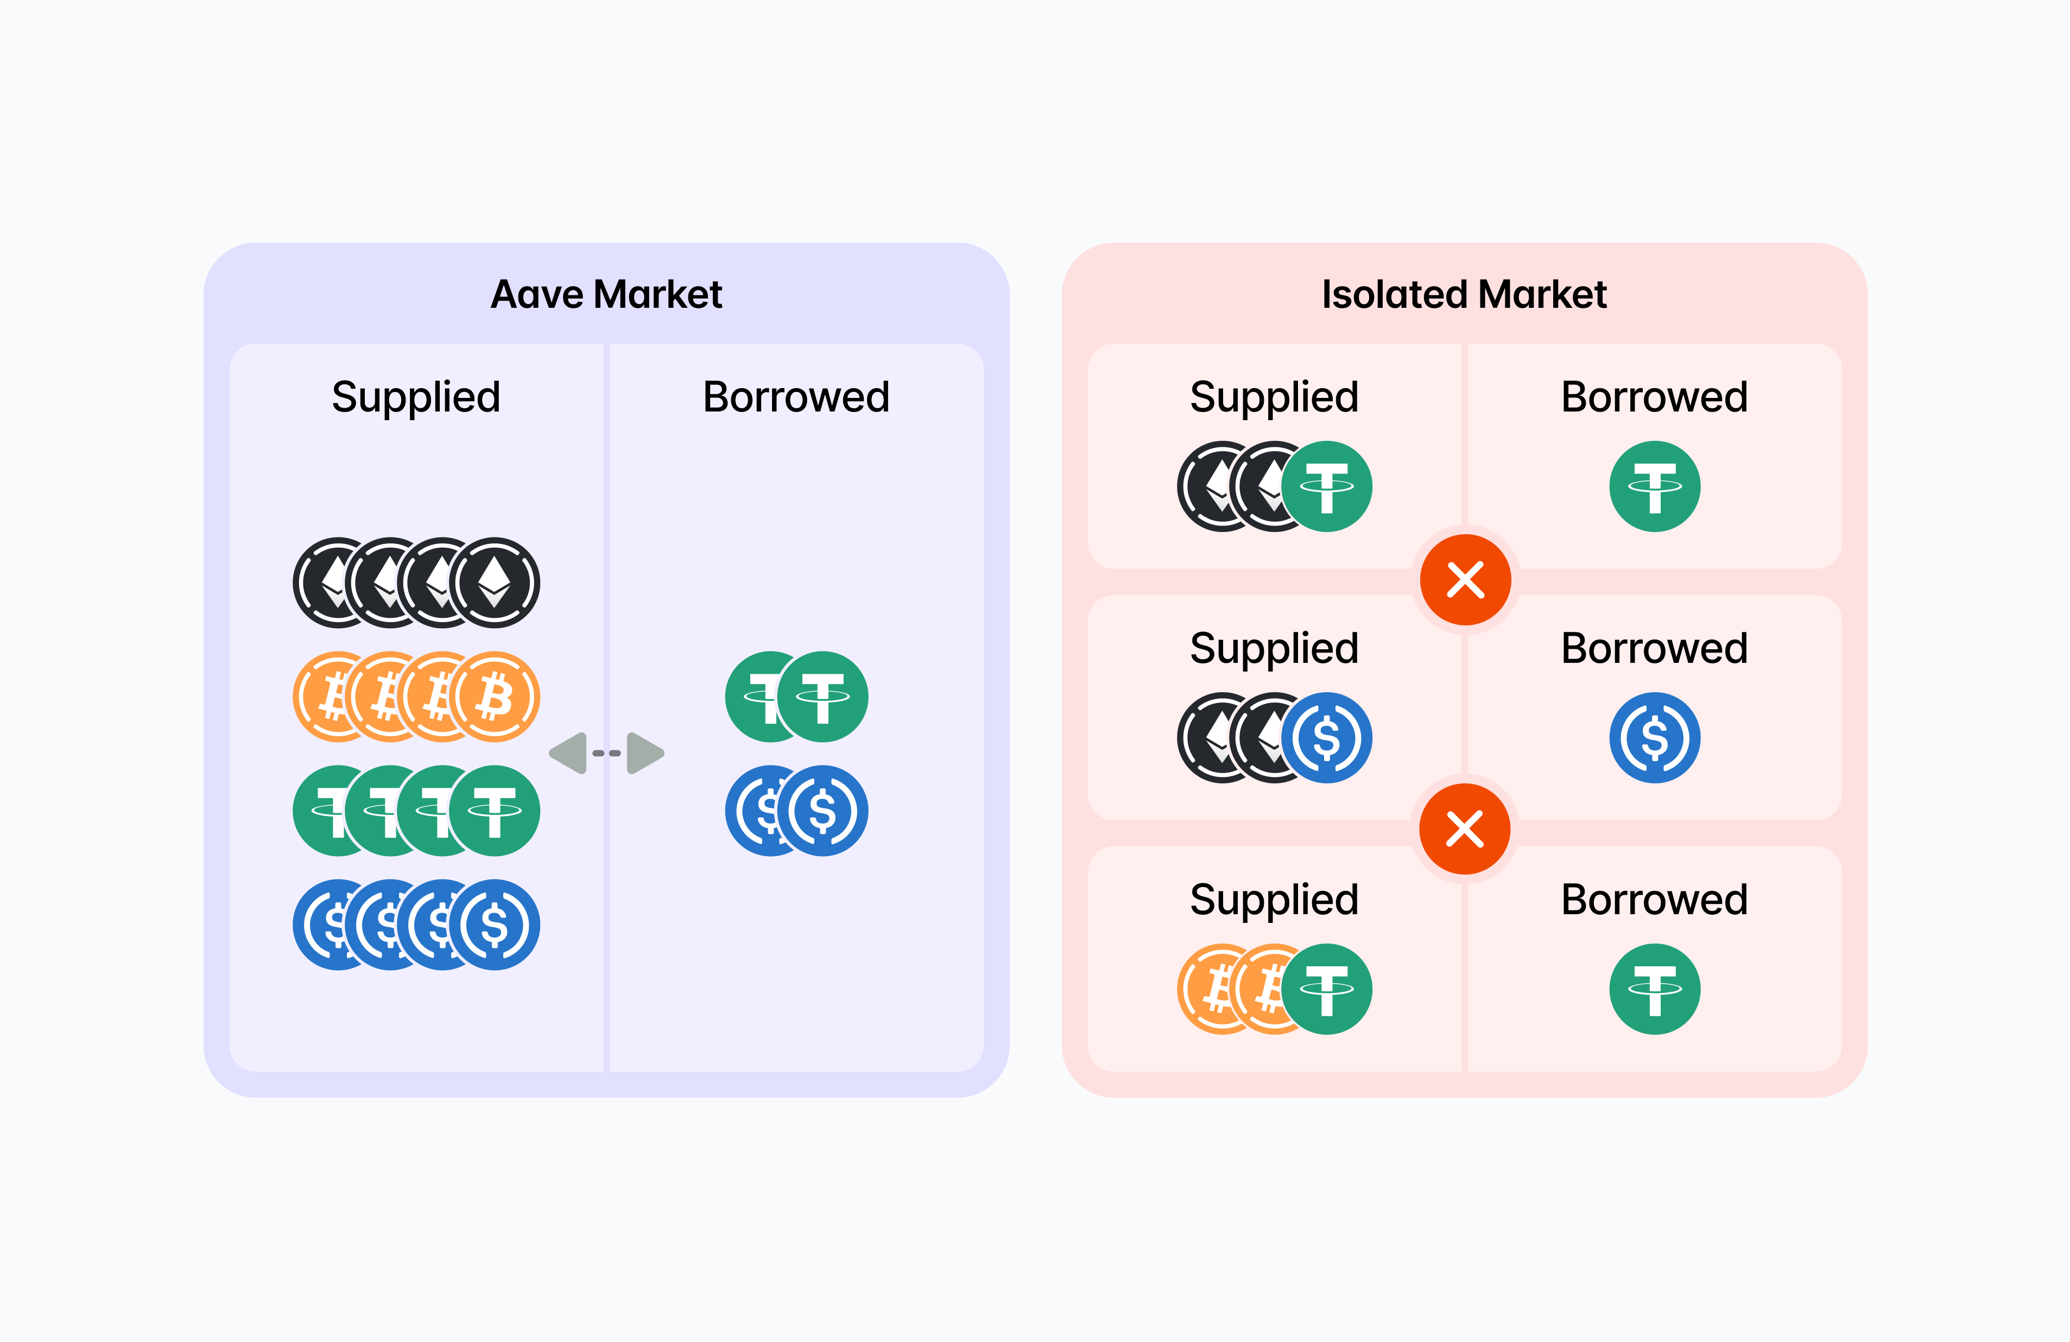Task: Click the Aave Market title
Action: coord(606,294)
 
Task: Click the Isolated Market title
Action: coord(1464,294)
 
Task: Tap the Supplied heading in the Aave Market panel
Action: coord(416,397)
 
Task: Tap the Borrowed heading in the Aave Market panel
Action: coord(796,397)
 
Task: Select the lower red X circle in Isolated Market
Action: coord(1465,829)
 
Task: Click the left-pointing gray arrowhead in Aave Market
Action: coord(569,753)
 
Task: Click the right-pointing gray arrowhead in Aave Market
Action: coord(644,753)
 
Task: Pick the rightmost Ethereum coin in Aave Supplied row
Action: coord(494,582)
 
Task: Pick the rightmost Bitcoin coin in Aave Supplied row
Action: coord(494,697)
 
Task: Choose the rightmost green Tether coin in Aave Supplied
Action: coord(494,811)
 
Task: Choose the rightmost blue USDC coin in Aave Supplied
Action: coord(494,925)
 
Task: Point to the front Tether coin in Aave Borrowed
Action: coord(822,697)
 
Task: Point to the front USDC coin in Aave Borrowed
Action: coord(822,811)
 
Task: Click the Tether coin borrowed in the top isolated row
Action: coord(1654,486)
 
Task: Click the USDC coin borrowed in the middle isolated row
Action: coord(1654,738)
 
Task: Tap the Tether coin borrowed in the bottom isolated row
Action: coord(1654,989)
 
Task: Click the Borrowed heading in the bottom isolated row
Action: coord(1654,900)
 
